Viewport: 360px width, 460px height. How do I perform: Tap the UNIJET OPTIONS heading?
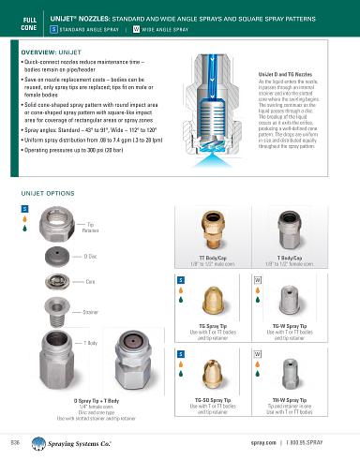47,192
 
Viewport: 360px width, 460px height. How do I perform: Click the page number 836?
15,439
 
